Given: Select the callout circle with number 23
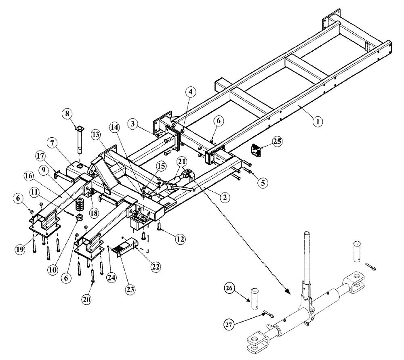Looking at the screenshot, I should [130, 289].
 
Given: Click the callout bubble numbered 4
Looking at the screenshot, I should [191, 91].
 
